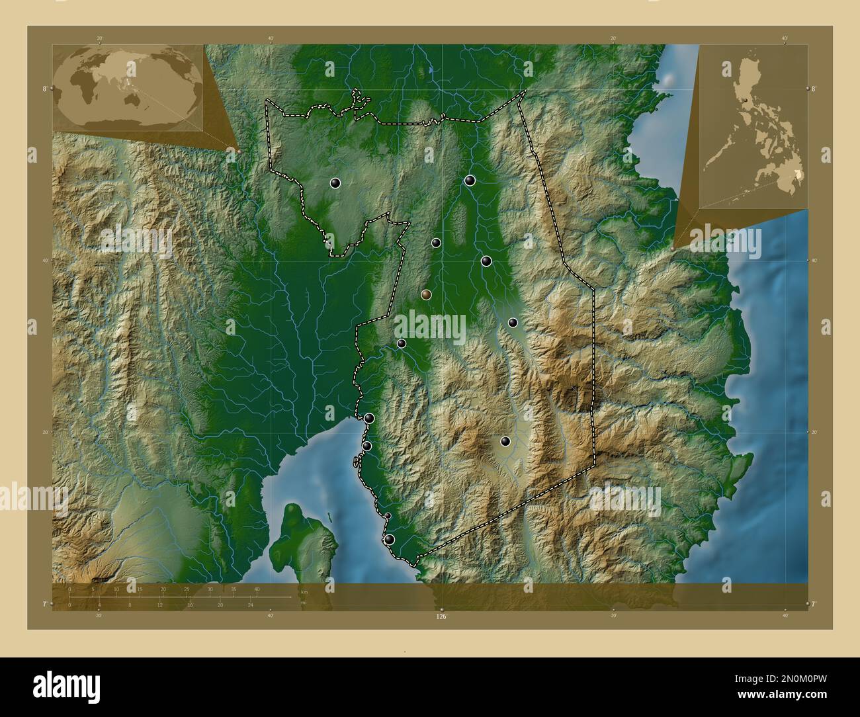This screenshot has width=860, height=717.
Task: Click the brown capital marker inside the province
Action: coord(426,294)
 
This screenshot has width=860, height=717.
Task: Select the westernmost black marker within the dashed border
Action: coord(335,183)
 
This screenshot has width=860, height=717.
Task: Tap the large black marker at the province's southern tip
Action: coord(390,540)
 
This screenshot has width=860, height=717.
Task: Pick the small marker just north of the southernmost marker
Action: coord(388,516)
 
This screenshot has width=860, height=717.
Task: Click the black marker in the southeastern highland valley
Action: coord(505,441)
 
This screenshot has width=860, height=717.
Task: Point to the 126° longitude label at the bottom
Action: coord(441,616)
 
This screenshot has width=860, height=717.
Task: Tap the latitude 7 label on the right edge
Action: coord(814,604)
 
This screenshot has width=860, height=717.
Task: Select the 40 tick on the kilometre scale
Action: coord(257,589)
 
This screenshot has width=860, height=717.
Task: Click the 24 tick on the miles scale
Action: coord(250,605)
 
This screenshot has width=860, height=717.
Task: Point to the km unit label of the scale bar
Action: coord(304,591)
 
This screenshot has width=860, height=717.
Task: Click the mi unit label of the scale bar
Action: coord(303,603)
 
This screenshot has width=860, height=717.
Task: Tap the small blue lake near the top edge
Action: coord(431,68)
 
